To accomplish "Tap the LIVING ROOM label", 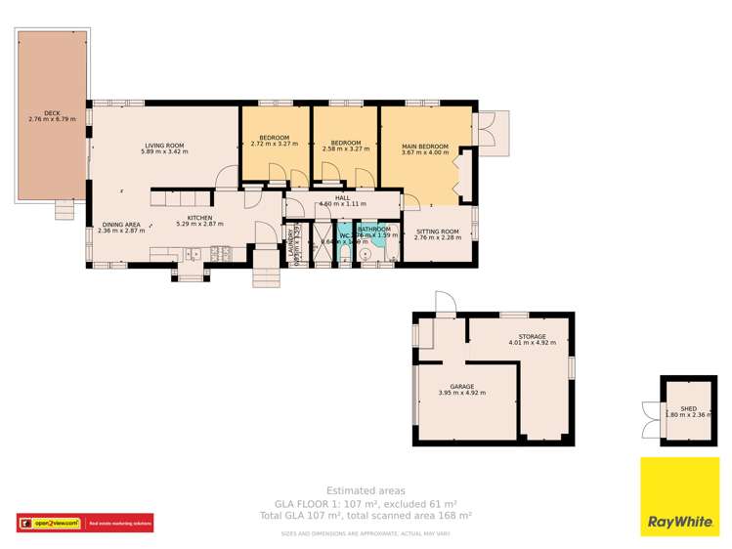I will point(162,146).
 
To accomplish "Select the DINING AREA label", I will point(120,225).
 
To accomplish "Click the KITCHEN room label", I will point(200,217).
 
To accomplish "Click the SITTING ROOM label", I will point(437,232).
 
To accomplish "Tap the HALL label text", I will point(342,198).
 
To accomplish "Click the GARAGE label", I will point(461,387).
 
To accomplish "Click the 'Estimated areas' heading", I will point(366,490).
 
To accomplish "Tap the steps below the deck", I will point(64,210).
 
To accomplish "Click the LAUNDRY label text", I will point(291,245).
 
